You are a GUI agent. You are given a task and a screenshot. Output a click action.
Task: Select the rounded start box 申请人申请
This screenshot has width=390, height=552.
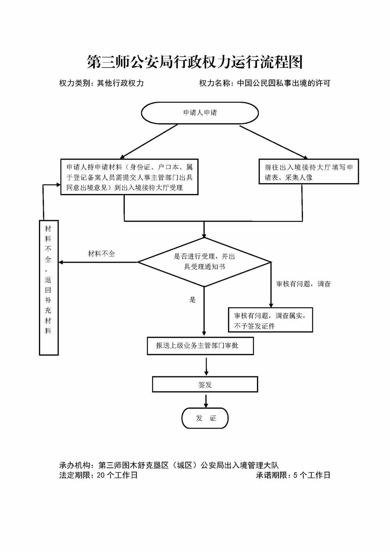click(200, 113)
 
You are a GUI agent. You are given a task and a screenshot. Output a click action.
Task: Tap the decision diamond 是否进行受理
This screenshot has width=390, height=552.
click(204, 262)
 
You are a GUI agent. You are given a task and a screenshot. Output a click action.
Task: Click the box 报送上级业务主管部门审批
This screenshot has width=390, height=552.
click(200, 346)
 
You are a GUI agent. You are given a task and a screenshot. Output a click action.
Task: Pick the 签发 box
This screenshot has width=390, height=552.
click(205, 385)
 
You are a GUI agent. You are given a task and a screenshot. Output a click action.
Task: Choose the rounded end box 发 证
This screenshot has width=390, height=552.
click(205, 418)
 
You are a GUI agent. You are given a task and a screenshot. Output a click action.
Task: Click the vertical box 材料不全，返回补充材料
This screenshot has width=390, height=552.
click(48, 287)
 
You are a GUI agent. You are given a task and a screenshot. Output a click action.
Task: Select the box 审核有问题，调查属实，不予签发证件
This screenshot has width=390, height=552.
click(270, 321)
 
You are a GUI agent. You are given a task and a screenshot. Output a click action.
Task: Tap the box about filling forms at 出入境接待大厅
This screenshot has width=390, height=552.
click(309, 172)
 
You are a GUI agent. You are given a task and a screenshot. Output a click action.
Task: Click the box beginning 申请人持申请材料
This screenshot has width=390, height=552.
click(129, 177)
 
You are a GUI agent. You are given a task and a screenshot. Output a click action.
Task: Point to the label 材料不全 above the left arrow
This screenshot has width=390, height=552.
click(101, 254)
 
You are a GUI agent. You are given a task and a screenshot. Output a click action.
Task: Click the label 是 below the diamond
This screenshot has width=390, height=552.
click(192, 300)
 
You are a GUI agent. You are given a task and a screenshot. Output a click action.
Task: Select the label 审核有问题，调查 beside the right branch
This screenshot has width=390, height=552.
click(303, 284)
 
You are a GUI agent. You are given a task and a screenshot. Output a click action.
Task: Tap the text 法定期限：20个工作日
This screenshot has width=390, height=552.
click(98, 475)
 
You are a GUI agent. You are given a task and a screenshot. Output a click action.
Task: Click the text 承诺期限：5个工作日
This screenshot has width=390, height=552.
click(293, 475)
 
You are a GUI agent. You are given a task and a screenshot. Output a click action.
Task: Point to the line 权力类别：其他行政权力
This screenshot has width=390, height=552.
click(101, 83)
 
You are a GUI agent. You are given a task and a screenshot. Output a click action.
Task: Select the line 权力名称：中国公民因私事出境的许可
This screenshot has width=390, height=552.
click(264, 83)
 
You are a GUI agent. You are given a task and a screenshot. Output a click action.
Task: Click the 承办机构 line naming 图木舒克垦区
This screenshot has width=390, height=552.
click(169, 465)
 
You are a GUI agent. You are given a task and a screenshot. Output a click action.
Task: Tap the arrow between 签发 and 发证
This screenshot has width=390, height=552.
click(206, 400)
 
